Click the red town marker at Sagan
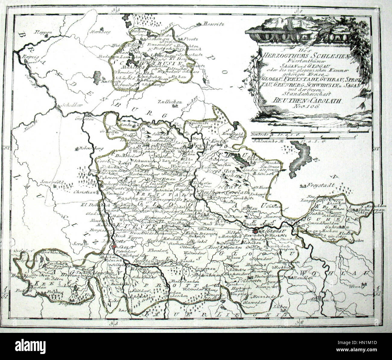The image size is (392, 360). point(114,247)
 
